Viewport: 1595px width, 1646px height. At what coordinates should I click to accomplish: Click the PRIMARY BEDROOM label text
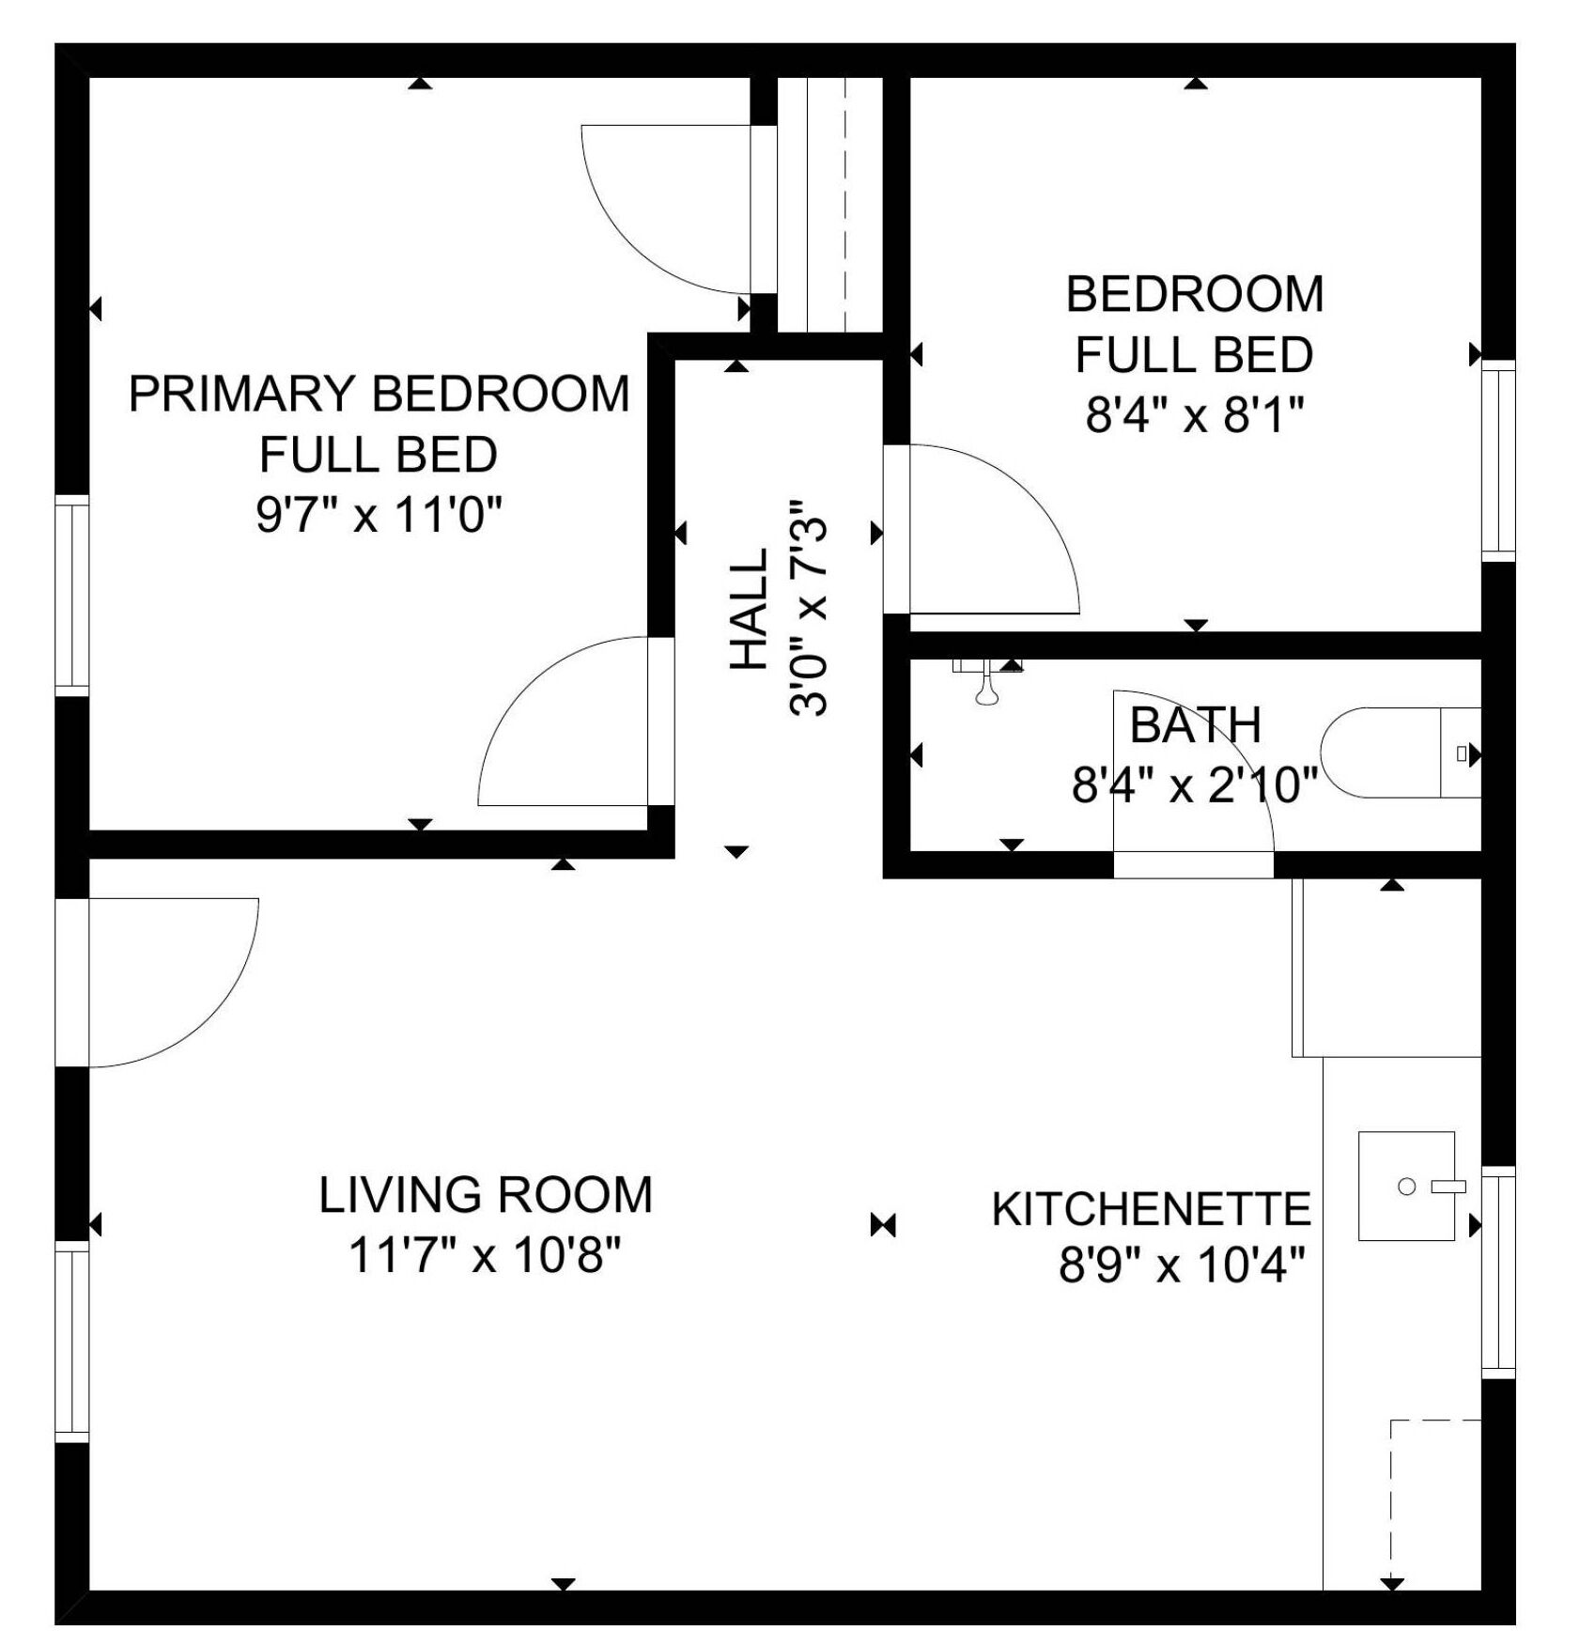point(379,394)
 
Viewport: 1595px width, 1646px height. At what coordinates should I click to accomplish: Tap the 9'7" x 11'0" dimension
point(379,515)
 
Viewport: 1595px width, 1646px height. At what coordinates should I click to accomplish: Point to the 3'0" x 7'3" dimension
point(809,609)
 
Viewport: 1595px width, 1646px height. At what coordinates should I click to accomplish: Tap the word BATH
point(1195,725)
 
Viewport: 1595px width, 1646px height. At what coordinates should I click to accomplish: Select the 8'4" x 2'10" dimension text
point(1195,784)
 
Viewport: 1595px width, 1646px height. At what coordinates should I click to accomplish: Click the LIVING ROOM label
point(485,1195)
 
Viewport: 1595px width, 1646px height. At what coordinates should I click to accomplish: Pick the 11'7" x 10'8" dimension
point(485,1255)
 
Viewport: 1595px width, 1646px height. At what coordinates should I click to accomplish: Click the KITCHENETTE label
point(1151,1209)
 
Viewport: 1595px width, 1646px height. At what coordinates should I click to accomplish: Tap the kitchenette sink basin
point(1406,1186)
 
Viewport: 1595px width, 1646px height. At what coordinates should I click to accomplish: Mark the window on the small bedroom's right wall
point(1498,460)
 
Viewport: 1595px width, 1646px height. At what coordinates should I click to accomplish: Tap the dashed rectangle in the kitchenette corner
point(1434,1503)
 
